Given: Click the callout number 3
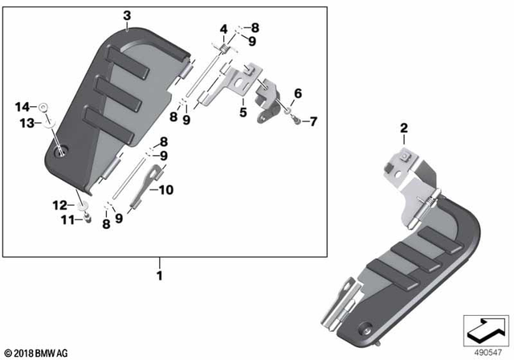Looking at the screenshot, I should [126, 15].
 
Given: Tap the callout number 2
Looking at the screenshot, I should [404, 128].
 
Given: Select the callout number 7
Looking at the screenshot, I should [313, 122].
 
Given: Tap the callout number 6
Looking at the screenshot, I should [297, 93].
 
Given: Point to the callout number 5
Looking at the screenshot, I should [242, 112].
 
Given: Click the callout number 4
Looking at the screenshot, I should [224, 29].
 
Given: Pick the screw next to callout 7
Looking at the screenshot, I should [298, 121].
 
